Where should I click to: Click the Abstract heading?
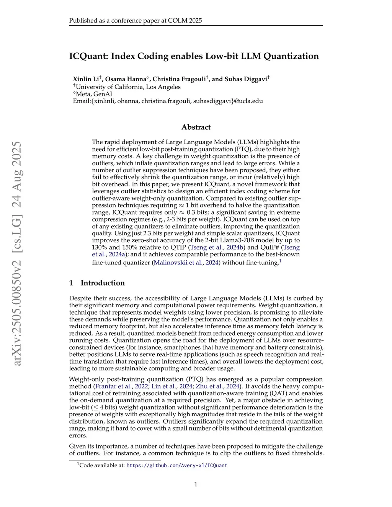[196, 127]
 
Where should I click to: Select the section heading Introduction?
[103, 283]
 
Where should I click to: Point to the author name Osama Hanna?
[126, 79]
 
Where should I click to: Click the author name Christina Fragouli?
[179, 79]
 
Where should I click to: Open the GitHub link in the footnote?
[177, 466]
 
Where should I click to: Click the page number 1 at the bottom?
[196, 484]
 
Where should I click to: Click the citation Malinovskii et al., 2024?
[186, 262]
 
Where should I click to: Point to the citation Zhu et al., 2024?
[217, 386]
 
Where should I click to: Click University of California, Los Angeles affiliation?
[128, 87]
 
